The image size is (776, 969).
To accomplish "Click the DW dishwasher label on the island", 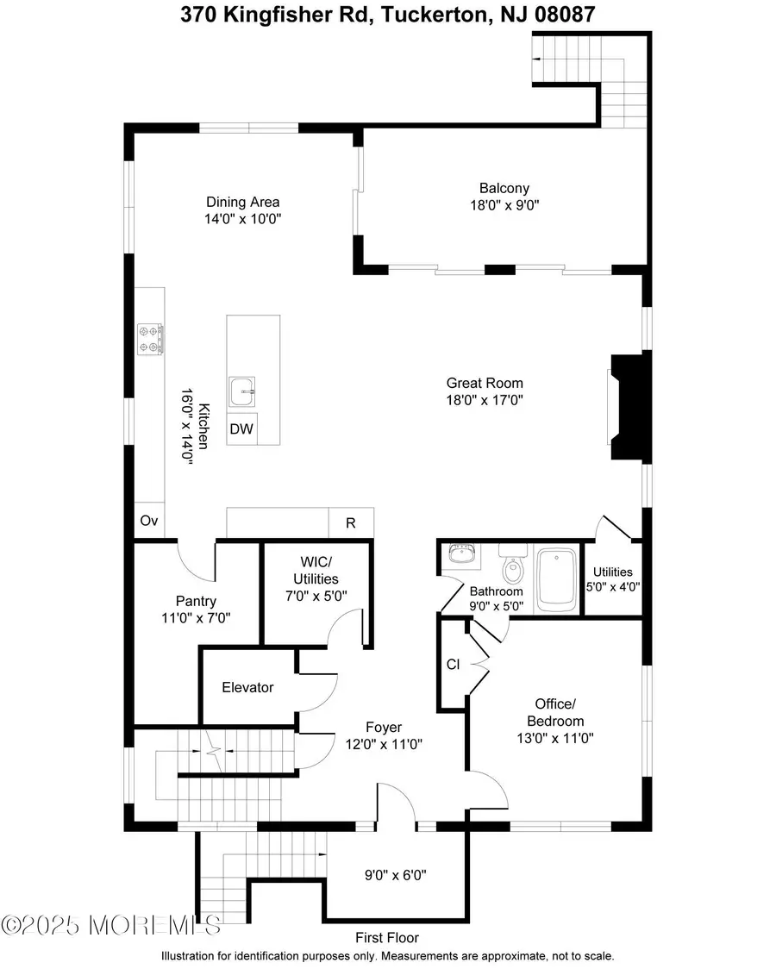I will coord(241,429).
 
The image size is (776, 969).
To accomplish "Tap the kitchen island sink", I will coord(243,392).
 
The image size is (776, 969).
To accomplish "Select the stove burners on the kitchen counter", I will coord(151,338).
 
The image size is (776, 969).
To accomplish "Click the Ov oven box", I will coord(148,522).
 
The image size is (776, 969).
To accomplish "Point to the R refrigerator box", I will coord(351,522).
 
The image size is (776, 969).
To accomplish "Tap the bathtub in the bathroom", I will coord(556,578).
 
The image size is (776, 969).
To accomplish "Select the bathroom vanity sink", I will coord(463,554).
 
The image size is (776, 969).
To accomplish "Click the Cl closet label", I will coord(453,665).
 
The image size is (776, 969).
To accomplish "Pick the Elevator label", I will coord(247,687).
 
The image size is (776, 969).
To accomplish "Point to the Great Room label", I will coord(484,383).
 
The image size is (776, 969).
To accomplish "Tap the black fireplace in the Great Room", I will coord(627,408).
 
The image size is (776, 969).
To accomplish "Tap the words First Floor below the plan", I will coord(387,937).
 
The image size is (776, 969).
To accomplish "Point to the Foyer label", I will coord(384,727).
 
